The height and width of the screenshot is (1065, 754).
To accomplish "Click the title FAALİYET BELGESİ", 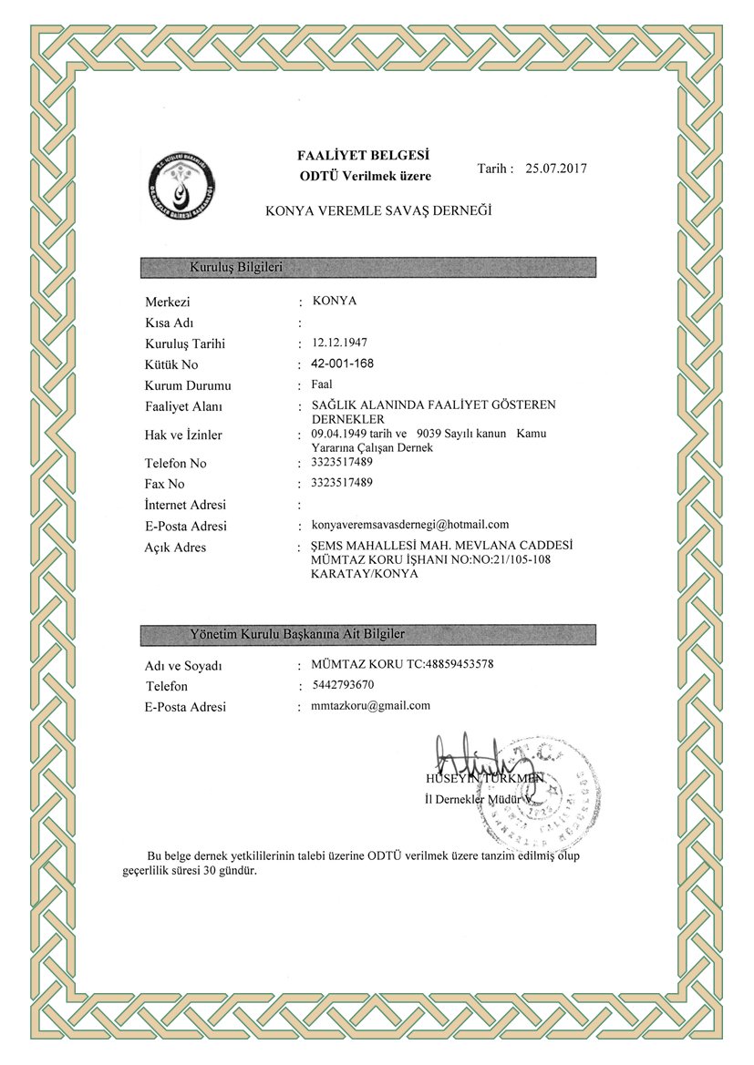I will (363, 155).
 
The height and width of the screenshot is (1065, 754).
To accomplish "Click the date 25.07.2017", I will (556, 169).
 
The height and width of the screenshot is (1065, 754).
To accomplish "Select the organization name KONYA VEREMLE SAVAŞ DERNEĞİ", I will (378, 210).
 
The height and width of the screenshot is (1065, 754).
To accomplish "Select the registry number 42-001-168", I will (342, 364).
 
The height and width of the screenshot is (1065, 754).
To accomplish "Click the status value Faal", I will (321, 384).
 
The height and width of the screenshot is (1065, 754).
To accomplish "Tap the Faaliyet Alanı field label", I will (183, 406).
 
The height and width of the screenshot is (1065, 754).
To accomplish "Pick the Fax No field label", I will (164, 484).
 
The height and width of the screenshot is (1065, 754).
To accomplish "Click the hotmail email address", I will (409, 524).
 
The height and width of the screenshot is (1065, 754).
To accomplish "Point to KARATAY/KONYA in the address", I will (364, 574).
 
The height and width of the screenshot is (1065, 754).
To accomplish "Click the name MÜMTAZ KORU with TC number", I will (402, 664).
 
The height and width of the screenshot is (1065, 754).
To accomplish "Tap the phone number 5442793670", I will (342, 684).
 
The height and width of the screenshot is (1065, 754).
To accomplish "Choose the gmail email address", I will (370, 705).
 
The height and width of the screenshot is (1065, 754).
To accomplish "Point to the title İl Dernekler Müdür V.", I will (478, 799).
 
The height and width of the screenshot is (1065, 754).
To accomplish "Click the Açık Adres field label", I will (175, 548).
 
